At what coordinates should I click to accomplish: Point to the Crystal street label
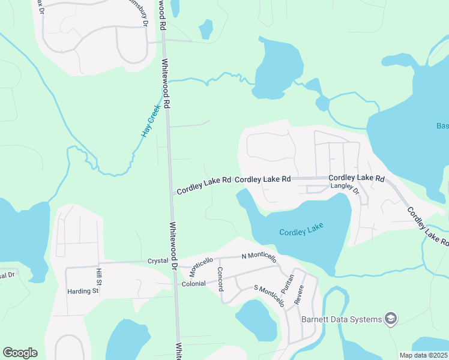pyautogui.click(x=158, y=261)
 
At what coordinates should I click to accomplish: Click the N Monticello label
pyautogui.click(x=259, y=257)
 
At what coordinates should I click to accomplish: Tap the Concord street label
pyautogui.click(x=220, y=279)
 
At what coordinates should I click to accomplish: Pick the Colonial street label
pyautogui.click(x=194, y=283)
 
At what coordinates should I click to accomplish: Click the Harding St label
pyautogui.click(x=83, y=291)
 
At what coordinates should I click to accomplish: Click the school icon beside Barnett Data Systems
pyautogui.click(x=390, y=318)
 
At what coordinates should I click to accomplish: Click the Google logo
pyautogui.click(x=20, y=353)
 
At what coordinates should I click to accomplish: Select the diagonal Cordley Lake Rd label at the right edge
pyautogui.click(x=427, y=227)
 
